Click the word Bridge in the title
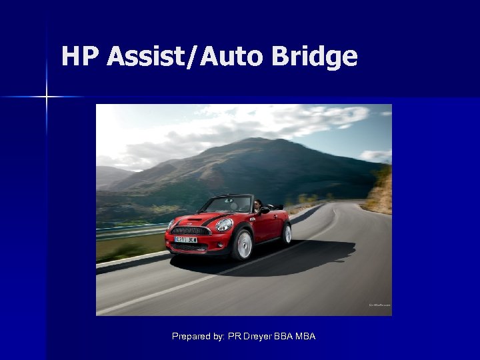[x=315, y=57]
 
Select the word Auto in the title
[x=231, y=57]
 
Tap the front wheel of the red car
[x=243, y=244]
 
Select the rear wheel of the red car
[x=287, y=233]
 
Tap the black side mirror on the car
[x=264, y=211]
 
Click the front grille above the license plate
[x=191, y=230]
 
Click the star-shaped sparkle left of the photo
[x=47, y=97]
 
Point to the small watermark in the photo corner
[x=380, y=305]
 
